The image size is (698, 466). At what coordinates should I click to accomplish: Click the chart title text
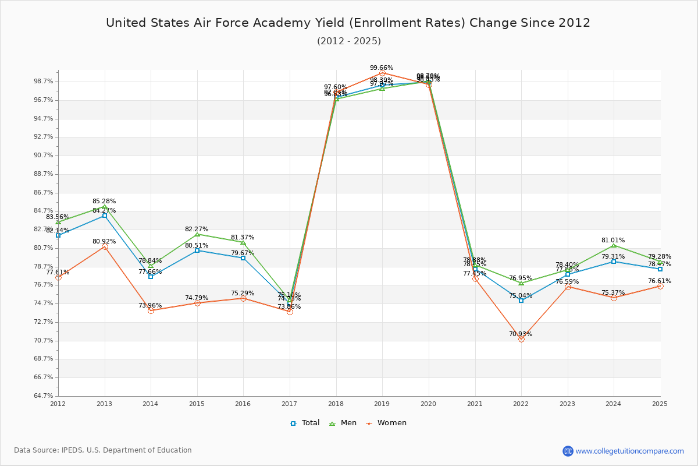coord(348,23)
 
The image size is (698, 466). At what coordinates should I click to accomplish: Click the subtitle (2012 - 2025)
coord(348,41)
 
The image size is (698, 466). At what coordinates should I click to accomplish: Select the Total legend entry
coord(305,423)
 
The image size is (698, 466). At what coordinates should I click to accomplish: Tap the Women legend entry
coord(386,423)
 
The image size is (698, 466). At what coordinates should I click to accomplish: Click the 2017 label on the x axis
coord(289,404)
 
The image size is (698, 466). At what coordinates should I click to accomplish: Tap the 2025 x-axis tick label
coord(660,404)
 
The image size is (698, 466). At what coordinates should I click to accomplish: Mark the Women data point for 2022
coord(521,339)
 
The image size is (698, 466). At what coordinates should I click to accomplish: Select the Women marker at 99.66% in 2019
coord(382,73)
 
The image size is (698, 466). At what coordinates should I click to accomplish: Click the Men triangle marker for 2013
coord(105,207)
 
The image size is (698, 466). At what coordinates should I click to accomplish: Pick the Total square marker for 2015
coord(197,250)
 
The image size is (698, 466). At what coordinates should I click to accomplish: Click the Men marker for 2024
coord(614,246)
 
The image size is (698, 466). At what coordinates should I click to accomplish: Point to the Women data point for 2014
coord(151,310)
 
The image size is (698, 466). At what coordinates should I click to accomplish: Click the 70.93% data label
coord(521,334)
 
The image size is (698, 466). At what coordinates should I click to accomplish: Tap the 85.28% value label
coord(104,202)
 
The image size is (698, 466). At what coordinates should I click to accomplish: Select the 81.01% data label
coord(613,241)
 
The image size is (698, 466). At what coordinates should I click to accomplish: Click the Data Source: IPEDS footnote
coord(103,450)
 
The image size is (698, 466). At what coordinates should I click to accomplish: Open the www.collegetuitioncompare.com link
coord(629,451)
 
